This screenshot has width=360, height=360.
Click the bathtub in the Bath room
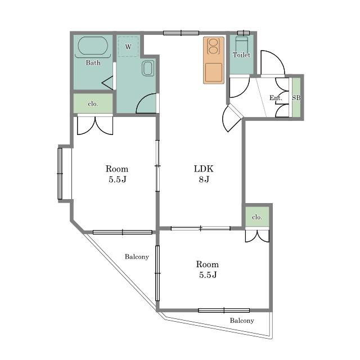[93, 46]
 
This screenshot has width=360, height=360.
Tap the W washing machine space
[128, 47]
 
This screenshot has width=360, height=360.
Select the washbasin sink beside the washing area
[147, 68]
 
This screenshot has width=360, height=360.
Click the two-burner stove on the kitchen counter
[213, 46]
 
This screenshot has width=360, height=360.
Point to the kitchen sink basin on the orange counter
[214, 73]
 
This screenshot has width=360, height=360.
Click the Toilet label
[241, 55]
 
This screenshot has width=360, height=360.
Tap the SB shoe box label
[296, 98]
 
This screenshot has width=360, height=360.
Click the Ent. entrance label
[276, 98]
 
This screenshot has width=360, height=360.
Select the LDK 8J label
[204, 174]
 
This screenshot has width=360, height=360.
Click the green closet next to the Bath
[93, 103]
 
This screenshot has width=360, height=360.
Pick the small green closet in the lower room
[257, 217]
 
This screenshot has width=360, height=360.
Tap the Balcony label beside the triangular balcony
[137, 256]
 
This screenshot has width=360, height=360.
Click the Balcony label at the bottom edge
[242, 321]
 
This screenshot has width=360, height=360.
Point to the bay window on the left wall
[60, 174]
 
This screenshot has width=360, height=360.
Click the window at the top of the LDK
[181, 33]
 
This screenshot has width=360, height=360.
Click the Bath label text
[93, 62]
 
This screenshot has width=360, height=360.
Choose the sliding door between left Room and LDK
[157, 166]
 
